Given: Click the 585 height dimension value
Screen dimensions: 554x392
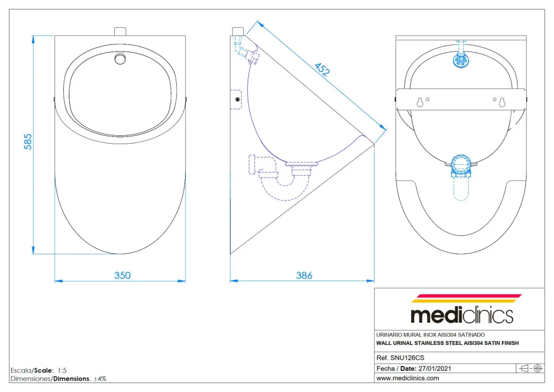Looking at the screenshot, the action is [x=28, y=142].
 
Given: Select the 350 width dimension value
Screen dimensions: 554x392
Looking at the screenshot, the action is [x=122, y=276].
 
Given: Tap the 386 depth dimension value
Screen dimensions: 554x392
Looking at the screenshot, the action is [x=304, y=276].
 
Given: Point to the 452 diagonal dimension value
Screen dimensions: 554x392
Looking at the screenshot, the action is [x=322, y=70].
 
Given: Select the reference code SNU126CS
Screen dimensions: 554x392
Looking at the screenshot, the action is [x=407, y=358].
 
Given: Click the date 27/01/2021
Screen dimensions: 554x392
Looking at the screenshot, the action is [x=434, y=368].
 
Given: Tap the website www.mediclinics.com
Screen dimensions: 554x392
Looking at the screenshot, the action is [x=408, y=378].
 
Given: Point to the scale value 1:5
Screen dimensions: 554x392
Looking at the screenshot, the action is [x=62, y=370].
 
